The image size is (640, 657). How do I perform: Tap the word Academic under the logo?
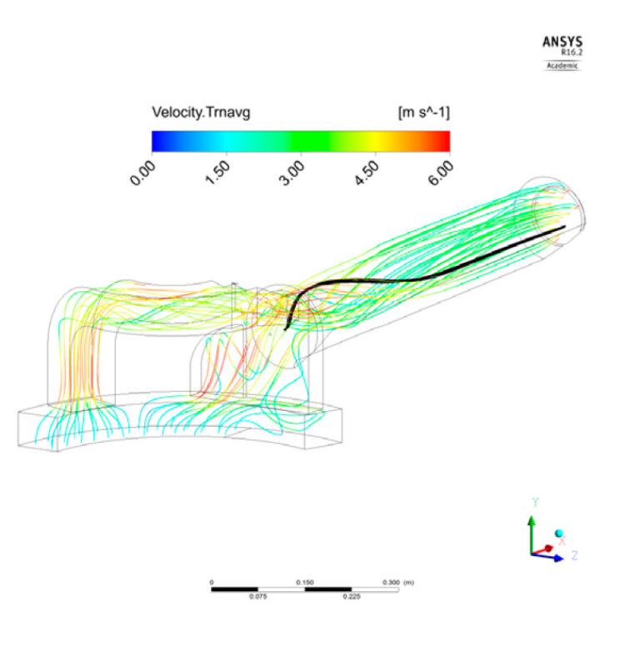562,65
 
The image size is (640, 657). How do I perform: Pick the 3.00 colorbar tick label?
294,173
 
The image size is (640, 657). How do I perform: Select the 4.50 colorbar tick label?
369,173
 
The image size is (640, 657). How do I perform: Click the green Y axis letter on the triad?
533,502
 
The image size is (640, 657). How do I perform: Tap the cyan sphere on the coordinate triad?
559,534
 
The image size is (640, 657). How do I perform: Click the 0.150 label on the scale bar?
304,582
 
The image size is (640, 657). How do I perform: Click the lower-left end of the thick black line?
287,328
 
